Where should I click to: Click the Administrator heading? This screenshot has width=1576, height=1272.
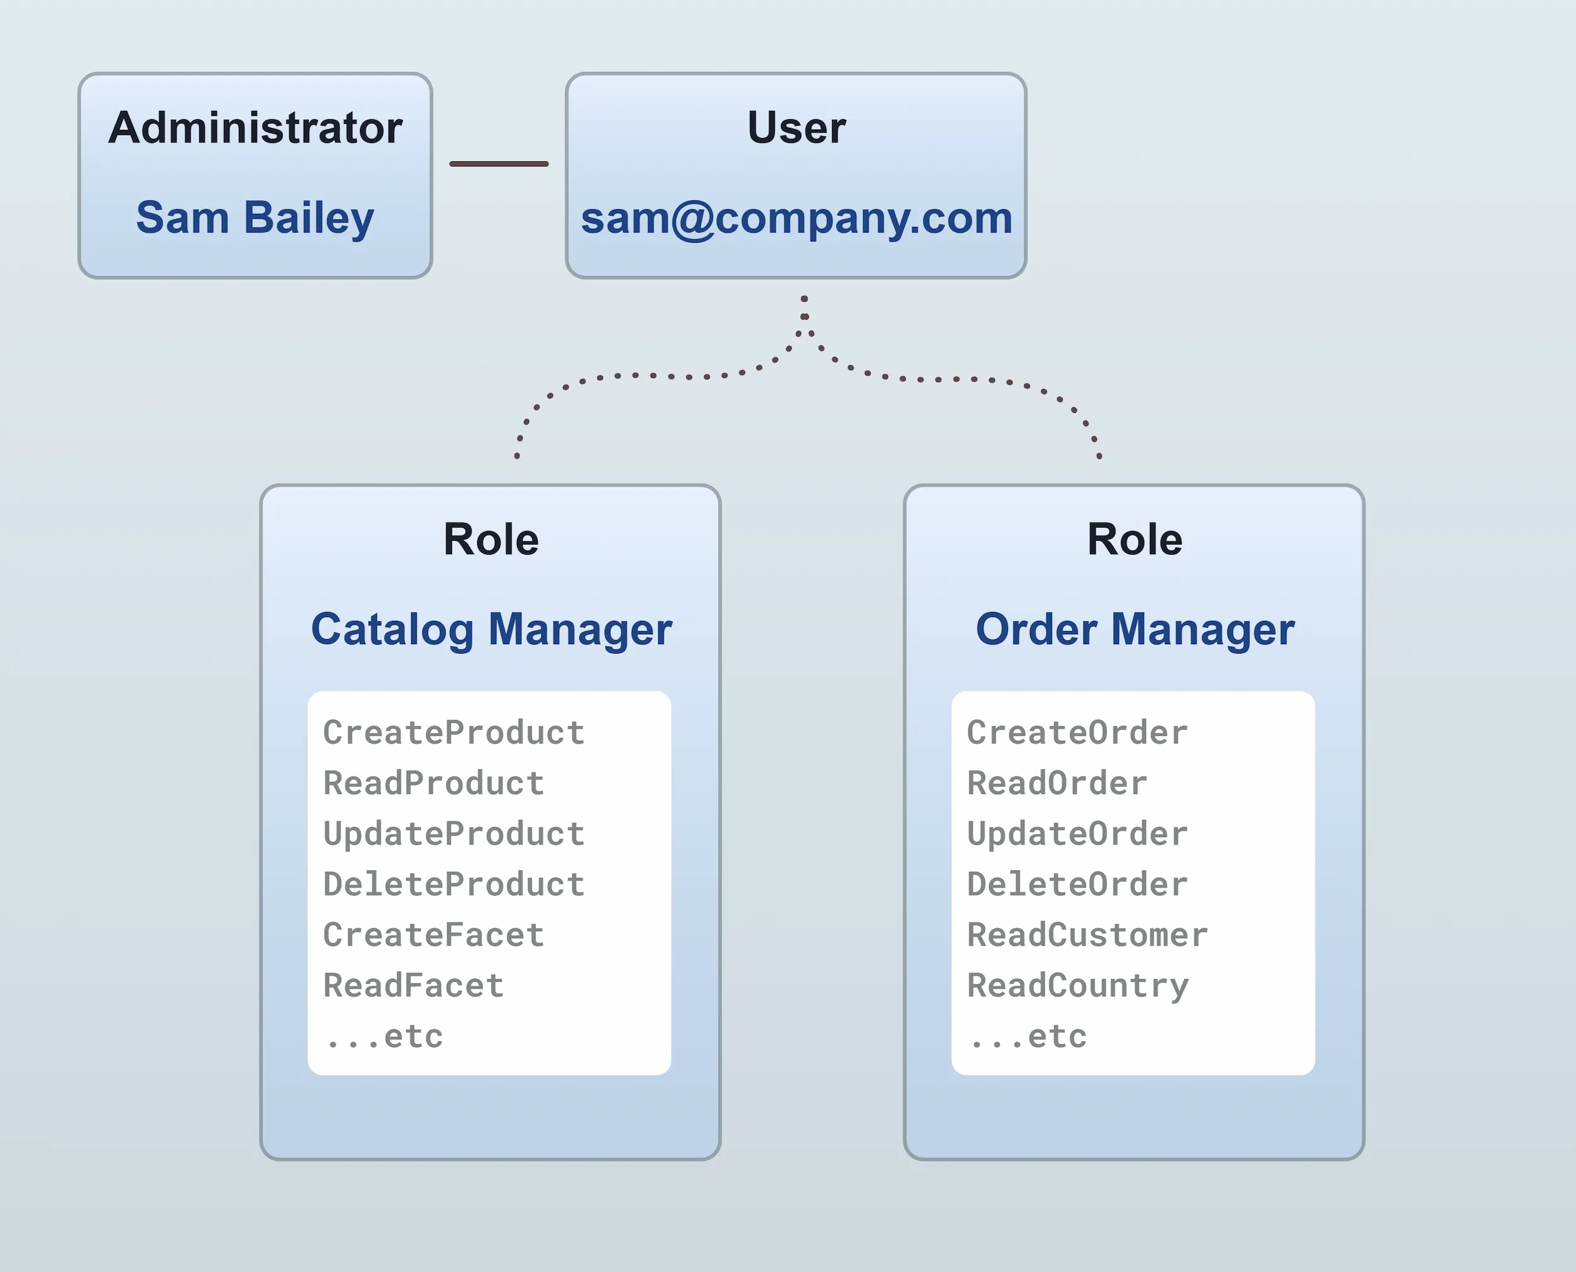click(x=255, y=127)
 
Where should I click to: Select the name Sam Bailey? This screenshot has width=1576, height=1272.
click(x=255, y=217)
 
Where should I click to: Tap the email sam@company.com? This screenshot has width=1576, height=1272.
click(x=796, y=217)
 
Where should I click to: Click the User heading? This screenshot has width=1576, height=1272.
click(x=796, y=127)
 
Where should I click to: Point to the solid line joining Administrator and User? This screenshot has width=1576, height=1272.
click(x=498, y=163)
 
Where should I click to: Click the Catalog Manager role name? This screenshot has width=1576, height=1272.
click(x=491, y=630)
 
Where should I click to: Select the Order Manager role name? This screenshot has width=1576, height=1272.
click(x=1134, y=630)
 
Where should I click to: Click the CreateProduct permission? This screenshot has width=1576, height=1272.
click(x=453, y=732)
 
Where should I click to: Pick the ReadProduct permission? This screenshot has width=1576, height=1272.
click(x=433, y=783)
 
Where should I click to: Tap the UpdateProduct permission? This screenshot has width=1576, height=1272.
click(x=453, y=834)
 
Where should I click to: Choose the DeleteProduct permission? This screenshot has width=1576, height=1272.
click(x=453, y=884)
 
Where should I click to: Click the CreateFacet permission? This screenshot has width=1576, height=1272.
click(x=433, y=935)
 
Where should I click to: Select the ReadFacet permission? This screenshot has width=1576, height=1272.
click(x=414, y=985)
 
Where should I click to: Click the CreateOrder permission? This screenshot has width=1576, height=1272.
click(x=1077, y=732)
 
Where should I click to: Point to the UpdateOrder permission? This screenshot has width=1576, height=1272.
click(x=1077, y=834)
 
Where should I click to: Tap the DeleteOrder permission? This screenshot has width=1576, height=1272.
click(x=1077, y=884)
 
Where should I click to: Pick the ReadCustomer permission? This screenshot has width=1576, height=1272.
click(x=1087, y=935)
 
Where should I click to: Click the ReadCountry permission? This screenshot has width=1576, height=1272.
click(x=1077, y=985)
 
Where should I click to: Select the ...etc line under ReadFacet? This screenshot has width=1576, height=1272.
click(x=385, y=1036)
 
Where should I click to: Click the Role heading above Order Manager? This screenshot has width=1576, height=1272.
click(x=1134, y=540)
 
